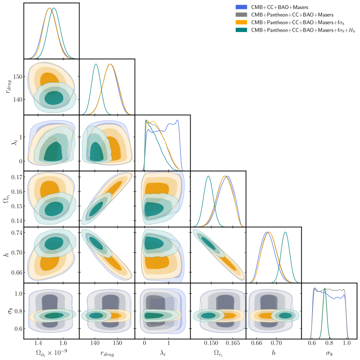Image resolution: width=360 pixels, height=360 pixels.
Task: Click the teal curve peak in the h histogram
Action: (x=285, y=232)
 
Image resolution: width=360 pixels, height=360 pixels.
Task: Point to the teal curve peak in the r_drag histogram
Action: (x=96, y=64)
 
